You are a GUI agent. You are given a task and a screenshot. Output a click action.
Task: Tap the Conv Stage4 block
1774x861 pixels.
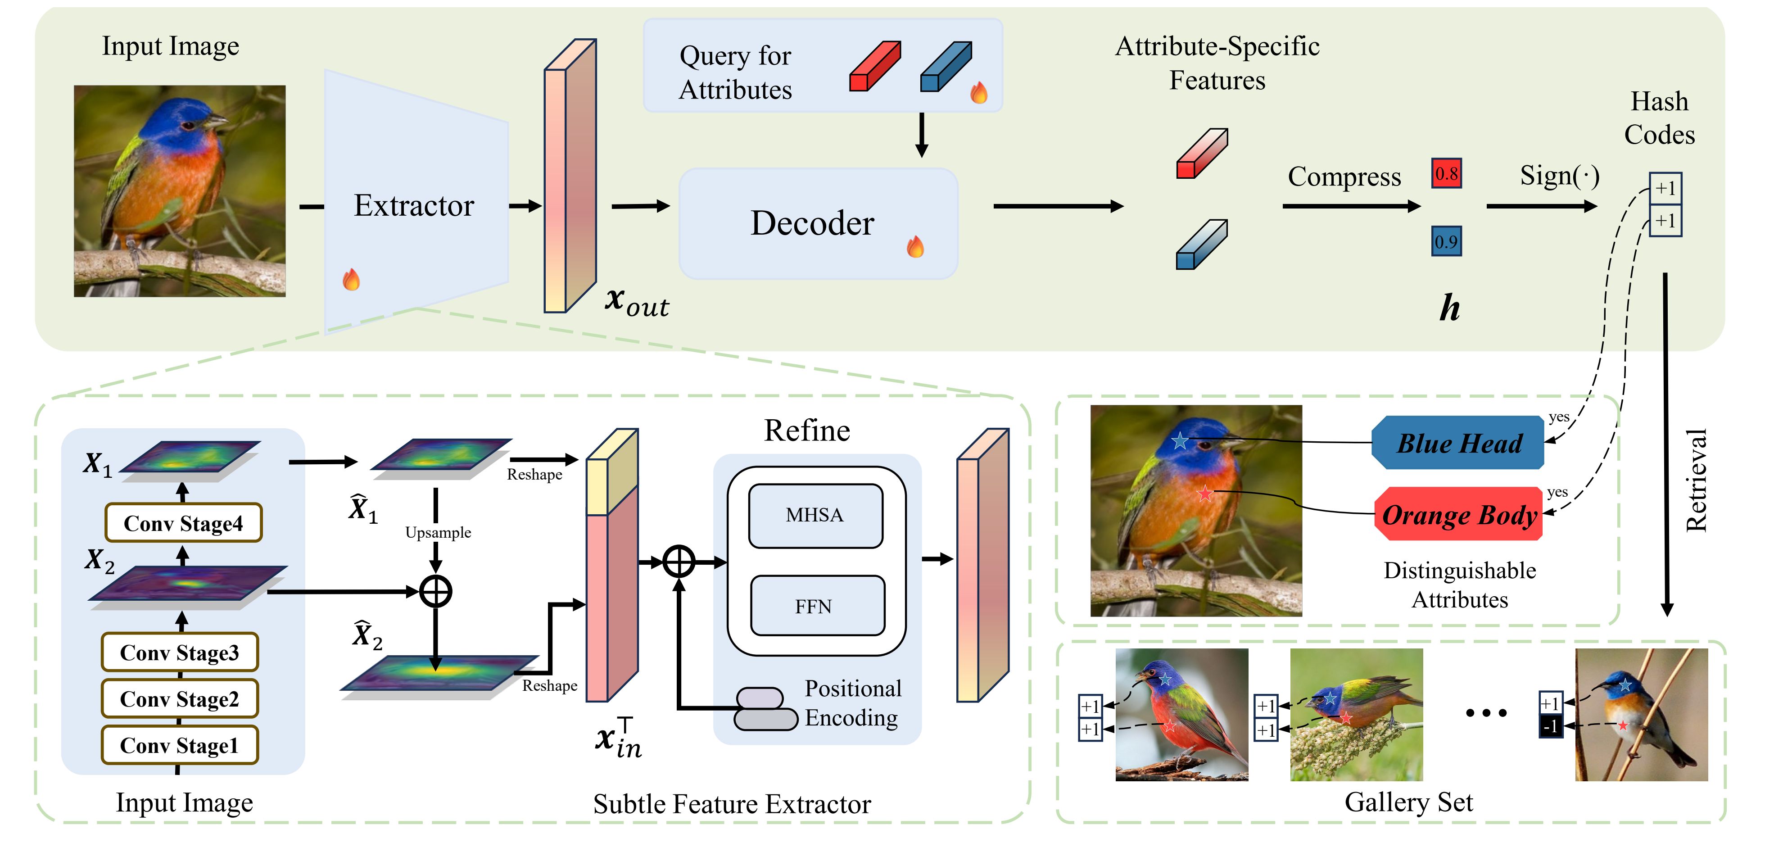[x=183, y=523]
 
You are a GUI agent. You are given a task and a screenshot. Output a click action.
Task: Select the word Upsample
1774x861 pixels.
[x=438, y=532]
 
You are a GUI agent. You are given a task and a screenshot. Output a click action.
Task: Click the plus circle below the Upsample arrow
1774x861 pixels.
[x=435, y=591]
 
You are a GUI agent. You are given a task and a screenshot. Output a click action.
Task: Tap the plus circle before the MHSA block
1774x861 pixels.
[x=679, y=562]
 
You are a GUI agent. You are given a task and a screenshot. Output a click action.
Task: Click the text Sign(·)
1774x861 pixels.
[x=1559, y=176]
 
